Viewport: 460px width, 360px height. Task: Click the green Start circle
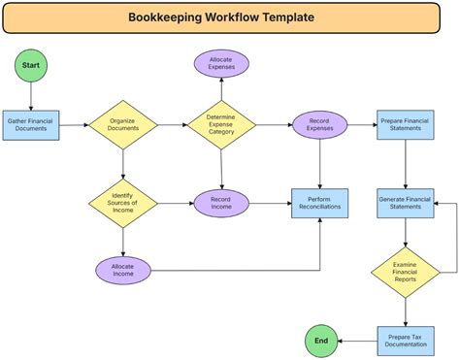tap(31, 65)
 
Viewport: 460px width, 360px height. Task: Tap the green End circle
tap(321, 341)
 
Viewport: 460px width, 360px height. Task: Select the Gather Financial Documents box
tap(31, 125)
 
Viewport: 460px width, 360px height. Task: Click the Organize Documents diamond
tap(123, 125)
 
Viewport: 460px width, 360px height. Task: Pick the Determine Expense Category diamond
tap(221, 125)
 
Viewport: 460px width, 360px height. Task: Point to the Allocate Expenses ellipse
tap(221, 63)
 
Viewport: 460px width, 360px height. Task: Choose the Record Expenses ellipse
tap(320, 125)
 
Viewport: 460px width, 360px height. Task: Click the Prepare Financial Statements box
tap(406, 125)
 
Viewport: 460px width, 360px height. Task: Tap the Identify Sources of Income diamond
tap(123, 204)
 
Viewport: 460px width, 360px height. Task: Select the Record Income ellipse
tap(221, 204)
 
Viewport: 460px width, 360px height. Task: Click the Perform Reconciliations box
tap(320, 204)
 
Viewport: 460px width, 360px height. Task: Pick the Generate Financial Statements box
tap(406, 204)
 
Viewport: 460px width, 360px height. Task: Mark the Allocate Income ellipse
tap(123, 271)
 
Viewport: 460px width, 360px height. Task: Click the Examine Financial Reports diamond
tap(406, 273)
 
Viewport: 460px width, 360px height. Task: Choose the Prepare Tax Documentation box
tap(406, 342)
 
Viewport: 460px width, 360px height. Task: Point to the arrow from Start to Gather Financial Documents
tap(31, 96)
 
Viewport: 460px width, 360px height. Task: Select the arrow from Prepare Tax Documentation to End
tap(357, 341)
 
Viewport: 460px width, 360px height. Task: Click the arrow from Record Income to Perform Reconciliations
tap(271, 204)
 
